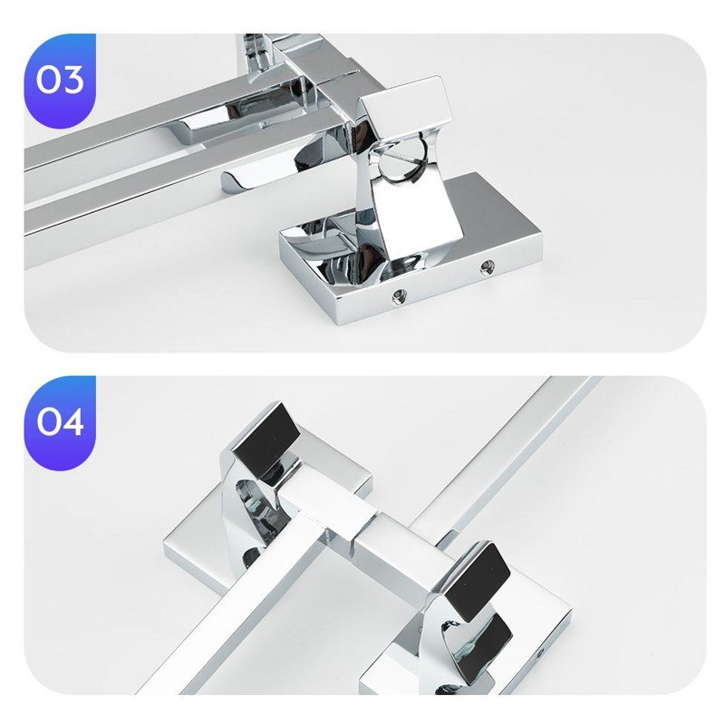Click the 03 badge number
point(60,80)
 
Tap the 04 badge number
point(60,421)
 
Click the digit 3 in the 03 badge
point(73,80)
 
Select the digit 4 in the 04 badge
point(73,421)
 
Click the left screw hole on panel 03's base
point(400,295)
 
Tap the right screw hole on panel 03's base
point(487,266)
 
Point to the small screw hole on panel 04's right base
point(540,652)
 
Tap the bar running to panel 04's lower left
point(231,615)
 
